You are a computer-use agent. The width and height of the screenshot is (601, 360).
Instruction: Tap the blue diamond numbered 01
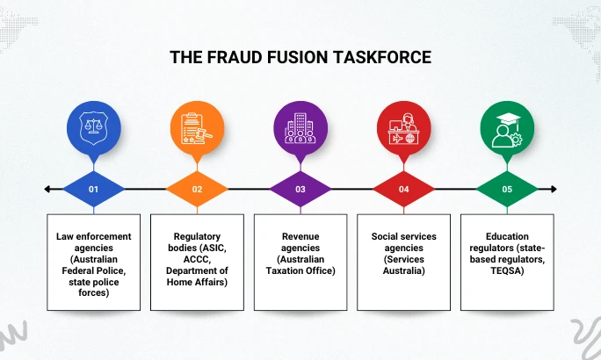pyautogui.click(x=94, y=189)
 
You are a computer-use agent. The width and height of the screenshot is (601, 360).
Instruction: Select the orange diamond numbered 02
pyautogui.click(x=198, y=189)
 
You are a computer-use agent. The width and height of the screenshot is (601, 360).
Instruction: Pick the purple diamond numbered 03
pyautogui.click(x=300, y=189)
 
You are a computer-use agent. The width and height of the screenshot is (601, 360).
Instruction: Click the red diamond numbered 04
pyautogui.click(x=403, y=189)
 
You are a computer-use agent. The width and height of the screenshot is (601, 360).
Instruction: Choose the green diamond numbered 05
pyautogui.click(x=507, y=189)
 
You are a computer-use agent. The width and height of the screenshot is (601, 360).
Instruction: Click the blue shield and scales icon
pyautogui.click(x=94, y=127)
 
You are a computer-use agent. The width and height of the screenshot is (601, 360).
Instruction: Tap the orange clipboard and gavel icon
pyautogui.click(x=198, y=127)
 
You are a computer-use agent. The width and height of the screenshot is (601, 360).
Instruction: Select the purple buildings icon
pyautogui.click(x=300, y=127)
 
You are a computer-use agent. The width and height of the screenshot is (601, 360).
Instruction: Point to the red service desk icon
pyautogui.click(x=403, y=127)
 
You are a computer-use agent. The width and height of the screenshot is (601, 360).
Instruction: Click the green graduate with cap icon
pyautogui.click(x=507, y=127)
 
